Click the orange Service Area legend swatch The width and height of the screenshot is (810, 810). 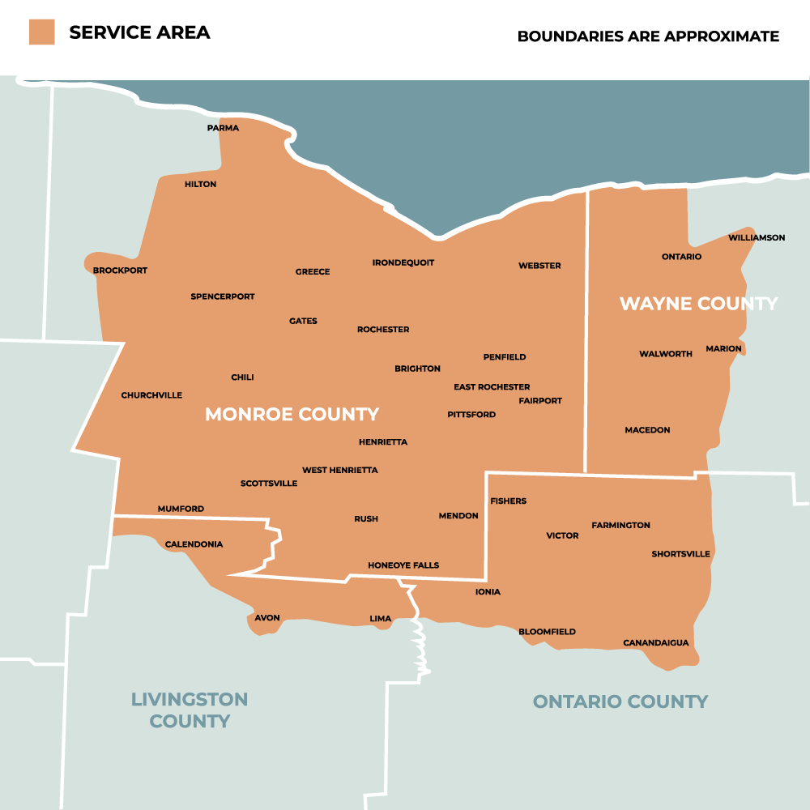point(41,32)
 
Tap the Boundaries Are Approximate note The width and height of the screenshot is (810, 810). point(648,36)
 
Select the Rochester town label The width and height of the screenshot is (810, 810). point(383,330)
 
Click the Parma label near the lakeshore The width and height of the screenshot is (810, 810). point(223,128)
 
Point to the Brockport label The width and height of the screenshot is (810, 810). point(120,271)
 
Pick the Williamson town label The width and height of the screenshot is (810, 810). point(757,237)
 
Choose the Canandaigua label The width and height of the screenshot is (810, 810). point(655,643)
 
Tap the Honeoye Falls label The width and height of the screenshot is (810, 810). point(403,565)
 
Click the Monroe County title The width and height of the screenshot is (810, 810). point(292,415)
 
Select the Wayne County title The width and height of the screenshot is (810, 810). point(698,304)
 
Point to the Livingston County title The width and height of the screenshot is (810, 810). point(190,710)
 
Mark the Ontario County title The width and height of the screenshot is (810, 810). point(620,701)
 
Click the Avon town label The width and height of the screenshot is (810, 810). point(267,618)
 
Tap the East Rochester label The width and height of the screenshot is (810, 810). point(492,387)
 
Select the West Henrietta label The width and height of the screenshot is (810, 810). point(339,471)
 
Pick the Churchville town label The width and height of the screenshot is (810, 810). point(151,395)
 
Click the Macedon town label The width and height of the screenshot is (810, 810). point(647,430)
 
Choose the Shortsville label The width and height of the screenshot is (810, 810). point(680,554)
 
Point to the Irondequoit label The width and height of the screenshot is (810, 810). point(403,262)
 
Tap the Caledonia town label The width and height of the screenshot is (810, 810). point(194,544)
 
